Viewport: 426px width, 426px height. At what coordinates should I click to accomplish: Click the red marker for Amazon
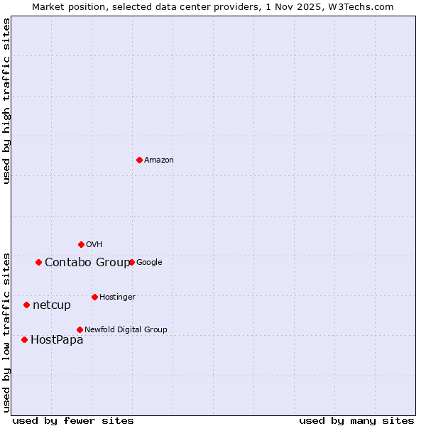pos(139,160)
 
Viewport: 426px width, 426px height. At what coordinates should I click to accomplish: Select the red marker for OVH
pos(81,244)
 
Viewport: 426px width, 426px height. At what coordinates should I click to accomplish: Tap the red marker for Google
pos(131,262)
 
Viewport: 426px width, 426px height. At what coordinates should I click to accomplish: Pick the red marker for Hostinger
pos(94,297)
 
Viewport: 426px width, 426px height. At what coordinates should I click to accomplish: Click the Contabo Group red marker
pos(38,262)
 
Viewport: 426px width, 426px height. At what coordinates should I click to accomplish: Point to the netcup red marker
pos(26,305)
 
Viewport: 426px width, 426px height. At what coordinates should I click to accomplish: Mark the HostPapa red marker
pos(24,339)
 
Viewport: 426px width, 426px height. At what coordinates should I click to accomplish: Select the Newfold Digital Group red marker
pos(80,329)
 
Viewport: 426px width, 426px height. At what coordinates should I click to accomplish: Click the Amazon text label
pos(159,160)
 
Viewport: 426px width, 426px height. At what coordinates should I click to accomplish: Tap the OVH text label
pos(94,245)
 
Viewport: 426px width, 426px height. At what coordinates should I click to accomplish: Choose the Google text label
pos(149,263)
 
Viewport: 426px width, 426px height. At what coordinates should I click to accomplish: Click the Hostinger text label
pos(117,297)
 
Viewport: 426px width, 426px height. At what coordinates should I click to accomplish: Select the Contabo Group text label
pos(87,263)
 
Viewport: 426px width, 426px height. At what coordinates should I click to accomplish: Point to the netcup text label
pos(52,305)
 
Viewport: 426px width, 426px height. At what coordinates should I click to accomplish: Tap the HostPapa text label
pos(57,340)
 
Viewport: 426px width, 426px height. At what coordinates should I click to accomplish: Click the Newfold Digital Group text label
pos(126,330)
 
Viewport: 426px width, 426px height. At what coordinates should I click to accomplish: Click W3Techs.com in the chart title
pos(362,6)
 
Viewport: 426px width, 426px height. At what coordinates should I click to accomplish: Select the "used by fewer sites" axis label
pos(73,420)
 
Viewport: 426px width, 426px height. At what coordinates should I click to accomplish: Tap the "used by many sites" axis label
pos(356,420)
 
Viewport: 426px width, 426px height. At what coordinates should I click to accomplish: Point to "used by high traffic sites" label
pos(6,101)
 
